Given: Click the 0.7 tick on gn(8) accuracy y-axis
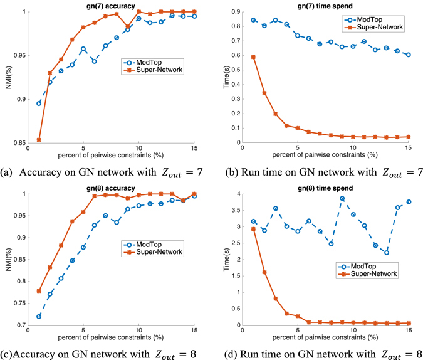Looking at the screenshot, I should click(x=20, y=324).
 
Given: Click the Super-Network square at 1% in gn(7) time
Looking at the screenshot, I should click(x=253, y=57).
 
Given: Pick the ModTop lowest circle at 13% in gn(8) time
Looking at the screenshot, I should click(x=387, y=252).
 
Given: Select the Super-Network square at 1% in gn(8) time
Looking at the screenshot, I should click(x=253, y=229).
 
